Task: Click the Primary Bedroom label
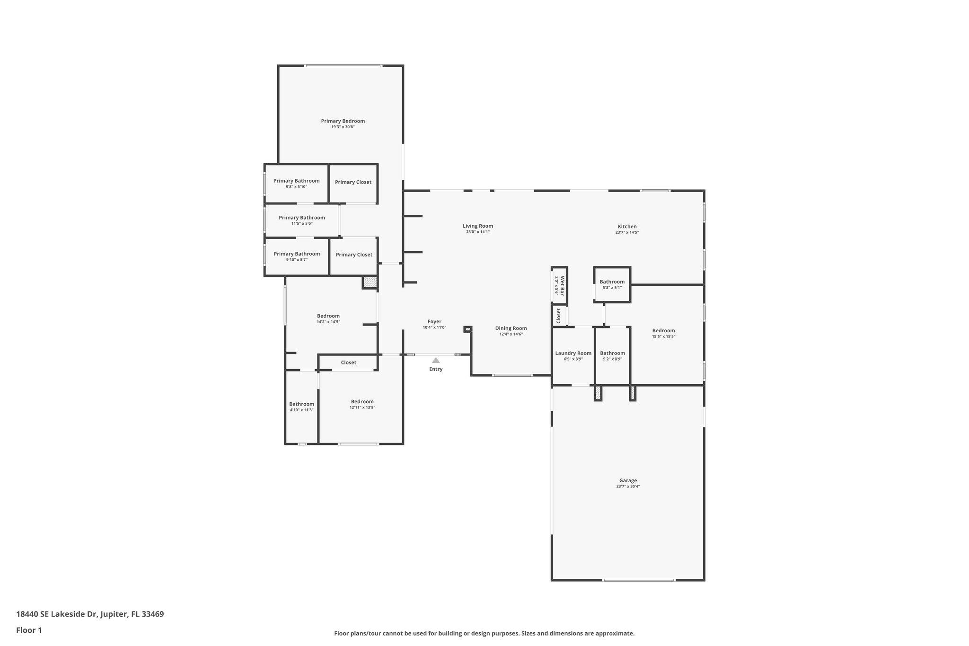[343, 121]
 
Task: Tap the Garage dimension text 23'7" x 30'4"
[628, 487]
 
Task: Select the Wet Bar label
[563, 286]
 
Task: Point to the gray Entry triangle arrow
[436, 361]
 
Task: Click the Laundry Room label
[573, 353]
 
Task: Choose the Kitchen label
[627, 226]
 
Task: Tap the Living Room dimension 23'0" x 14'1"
[477, 232]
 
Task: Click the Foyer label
[434, 321]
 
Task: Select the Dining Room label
[511, 328]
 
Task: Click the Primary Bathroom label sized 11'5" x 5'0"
[302, 218]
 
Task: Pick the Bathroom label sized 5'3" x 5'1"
[612, 282]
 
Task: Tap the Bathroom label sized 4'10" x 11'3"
[301, 404]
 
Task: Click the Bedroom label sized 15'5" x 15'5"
[663, 331]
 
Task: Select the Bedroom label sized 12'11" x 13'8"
[362, 401]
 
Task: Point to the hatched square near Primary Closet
[370, 282]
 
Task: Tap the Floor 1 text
[29, 630]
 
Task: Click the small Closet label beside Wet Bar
[559, 316]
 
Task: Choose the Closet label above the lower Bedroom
[348, 363]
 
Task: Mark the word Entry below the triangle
[436, 369]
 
